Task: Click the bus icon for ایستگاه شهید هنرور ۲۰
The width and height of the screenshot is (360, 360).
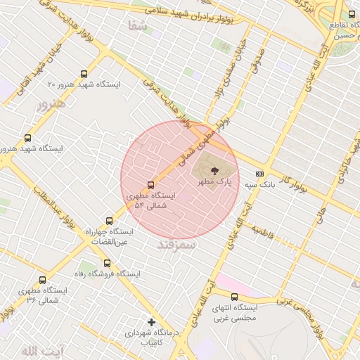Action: pyautogui.click(x=84, y=73)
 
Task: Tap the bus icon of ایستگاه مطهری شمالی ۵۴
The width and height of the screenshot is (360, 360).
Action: pyautogui.click(x=150, y=186)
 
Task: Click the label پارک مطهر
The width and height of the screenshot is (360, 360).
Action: pyautogui.click(x=214, y=181)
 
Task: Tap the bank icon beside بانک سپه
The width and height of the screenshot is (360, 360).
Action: pyautogui.click(x=259, y=173)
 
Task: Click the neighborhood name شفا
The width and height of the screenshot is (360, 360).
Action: pyautogui.click(x=137, y=26)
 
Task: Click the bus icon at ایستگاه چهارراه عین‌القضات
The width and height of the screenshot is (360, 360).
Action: pyautogui.click(x=108, y=220)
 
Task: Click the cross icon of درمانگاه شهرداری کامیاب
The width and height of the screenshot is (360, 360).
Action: pyautogui.click(x=150, y=322)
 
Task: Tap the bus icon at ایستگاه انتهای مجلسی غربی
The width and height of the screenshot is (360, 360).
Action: pyautogui.click(x=234, y=297)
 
